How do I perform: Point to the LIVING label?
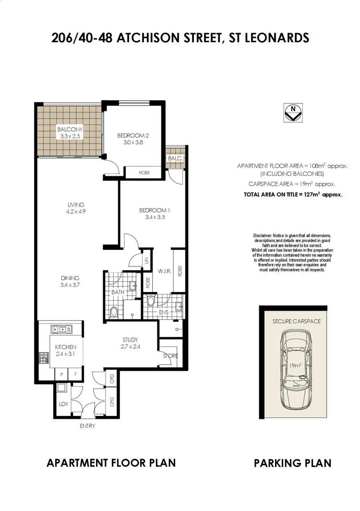[76, 205]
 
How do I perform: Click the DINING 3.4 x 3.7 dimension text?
[71, 284]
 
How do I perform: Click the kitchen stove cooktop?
[41, 357]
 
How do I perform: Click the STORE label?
[170, 356]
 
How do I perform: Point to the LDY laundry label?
[63, 404]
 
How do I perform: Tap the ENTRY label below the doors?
[88, 426]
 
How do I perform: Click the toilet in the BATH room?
[114, 312]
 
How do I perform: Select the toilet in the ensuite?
[151, 302]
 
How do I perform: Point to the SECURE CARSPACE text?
[296, 321]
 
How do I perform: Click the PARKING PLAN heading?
[292, 463]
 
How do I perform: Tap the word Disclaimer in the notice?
[263, 236]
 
